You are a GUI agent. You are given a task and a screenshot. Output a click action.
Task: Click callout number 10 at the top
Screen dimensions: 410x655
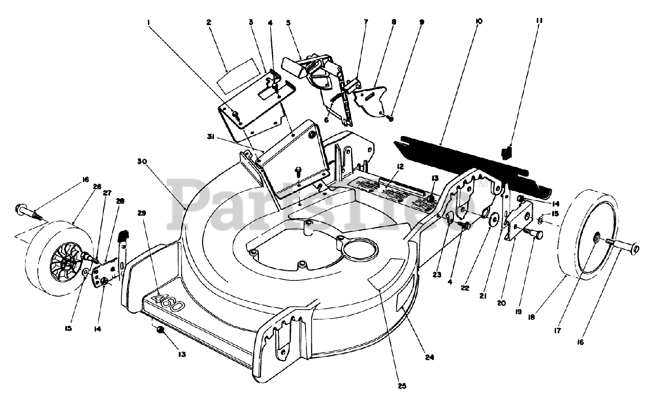pyautogui.click(x=478, y=21)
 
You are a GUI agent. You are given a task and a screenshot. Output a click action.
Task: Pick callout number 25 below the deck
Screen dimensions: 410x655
pyautogui.click(x=402, y=386)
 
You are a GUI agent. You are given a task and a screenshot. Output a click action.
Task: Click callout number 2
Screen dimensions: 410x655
pyautogui.click(x=209, y=22)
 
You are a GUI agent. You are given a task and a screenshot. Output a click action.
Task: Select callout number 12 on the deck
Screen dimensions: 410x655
pyautogui.click(x=401, y=166)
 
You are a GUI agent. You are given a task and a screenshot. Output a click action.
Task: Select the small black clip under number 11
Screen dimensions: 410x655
pyautogui.click(x=507, y=153)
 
